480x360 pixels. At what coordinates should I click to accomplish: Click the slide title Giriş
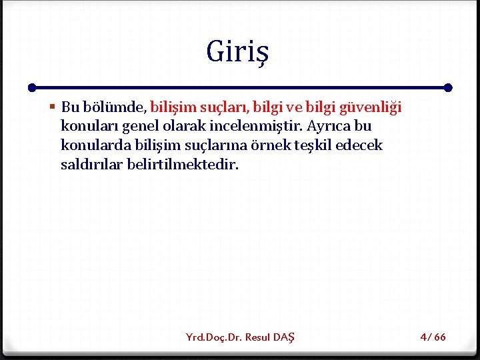[239, 52]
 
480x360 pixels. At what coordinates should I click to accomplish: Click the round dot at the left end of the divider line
[32, 87]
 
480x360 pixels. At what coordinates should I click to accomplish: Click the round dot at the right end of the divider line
[448, 87]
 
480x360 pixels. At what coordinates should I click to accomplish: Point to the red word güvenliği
[371, 107]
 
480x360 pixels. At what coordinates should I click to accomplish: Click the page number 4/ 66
[433, 337]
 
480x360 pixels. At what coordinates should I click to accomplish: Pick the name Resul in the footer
[259, 337]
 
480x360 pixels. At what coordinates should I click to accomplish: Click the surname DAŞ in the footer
[285, 337]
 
